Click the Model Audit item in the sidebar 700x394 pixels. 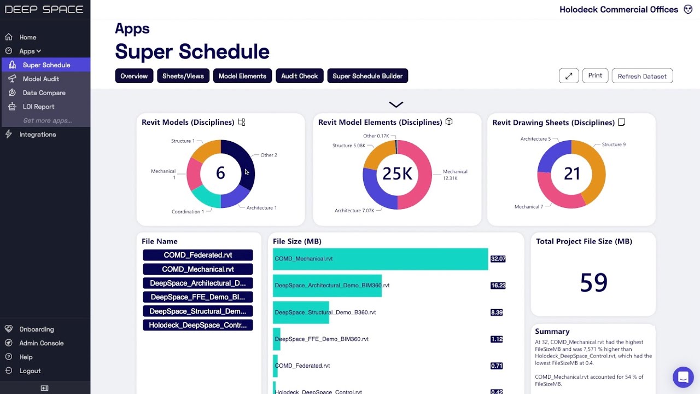[40, 79]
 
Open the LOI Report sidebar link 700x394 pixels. [38, 107]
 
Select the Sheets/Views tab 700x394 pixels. [183, 76]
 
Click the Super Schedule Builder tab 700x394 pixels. [367, 76]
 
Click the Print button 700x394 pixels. [595, 76]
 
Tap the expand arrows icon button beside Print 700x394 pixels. [569, 76]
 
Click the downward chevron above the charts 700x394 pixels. [396, 105]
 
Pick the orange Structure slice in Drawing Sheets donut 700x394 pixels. [594, 170]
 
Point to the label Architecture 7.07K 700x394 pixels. [354, 211]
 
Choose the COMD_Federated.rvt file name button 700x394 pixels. [197, 255]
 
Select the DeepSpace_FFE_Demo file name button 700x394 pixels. [197, 297]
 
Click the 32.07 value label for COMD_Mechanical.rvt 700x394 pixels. [498, 259]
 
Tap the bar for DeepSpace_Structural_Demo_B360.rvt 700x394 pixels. [301, 312]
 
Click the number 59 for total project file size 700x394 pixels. [593, 282]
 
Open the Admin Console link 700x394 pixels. [41, 343]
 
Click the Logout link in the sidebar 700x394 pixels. [30, 371]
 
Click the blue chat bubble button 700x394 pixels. [682, 377]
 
